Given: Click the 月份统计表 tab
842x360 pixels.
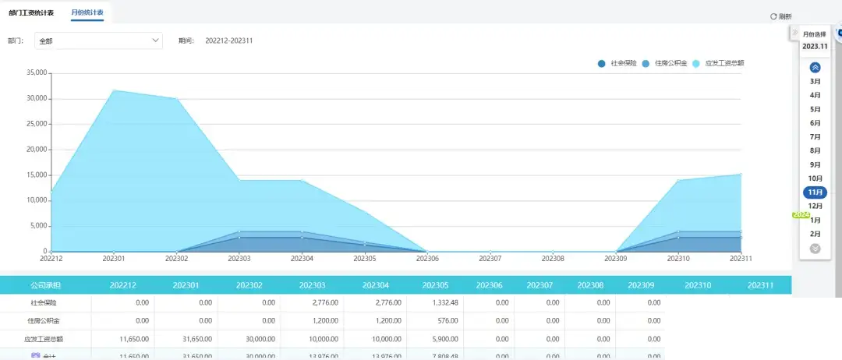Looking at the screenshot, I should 87,13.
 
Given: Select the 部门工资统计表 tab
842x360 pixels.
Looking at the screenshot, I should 32,13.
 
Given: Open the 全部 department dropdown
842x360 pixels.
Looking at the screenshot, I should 99,41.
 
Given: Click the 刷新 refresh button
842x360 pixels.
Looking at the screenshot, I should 780,16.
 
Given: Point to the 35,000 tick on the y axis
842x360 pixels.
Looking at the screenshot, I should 37,73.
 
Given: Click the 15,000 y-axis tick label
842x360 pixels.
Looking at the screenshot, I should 37,175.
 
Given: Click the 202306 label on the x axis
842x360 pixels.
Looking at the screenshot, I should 427,259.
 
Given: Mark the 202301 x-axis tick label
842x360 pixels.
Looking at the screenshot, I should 114,259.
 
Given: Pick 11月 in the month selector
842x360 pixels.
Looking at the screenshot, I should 815,192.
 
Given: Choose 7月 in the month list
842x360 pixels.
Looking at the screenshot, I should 815,136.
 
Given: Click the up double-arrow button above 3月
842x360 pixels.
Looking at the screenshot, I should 815,67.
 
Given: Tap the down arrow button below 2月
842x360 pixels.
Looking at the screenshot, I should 815,249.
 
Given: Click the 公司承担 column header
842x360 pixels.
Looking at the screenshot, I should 45,285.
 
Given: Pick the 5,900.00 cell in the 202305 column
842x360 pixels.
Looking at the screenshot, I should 389,339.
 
